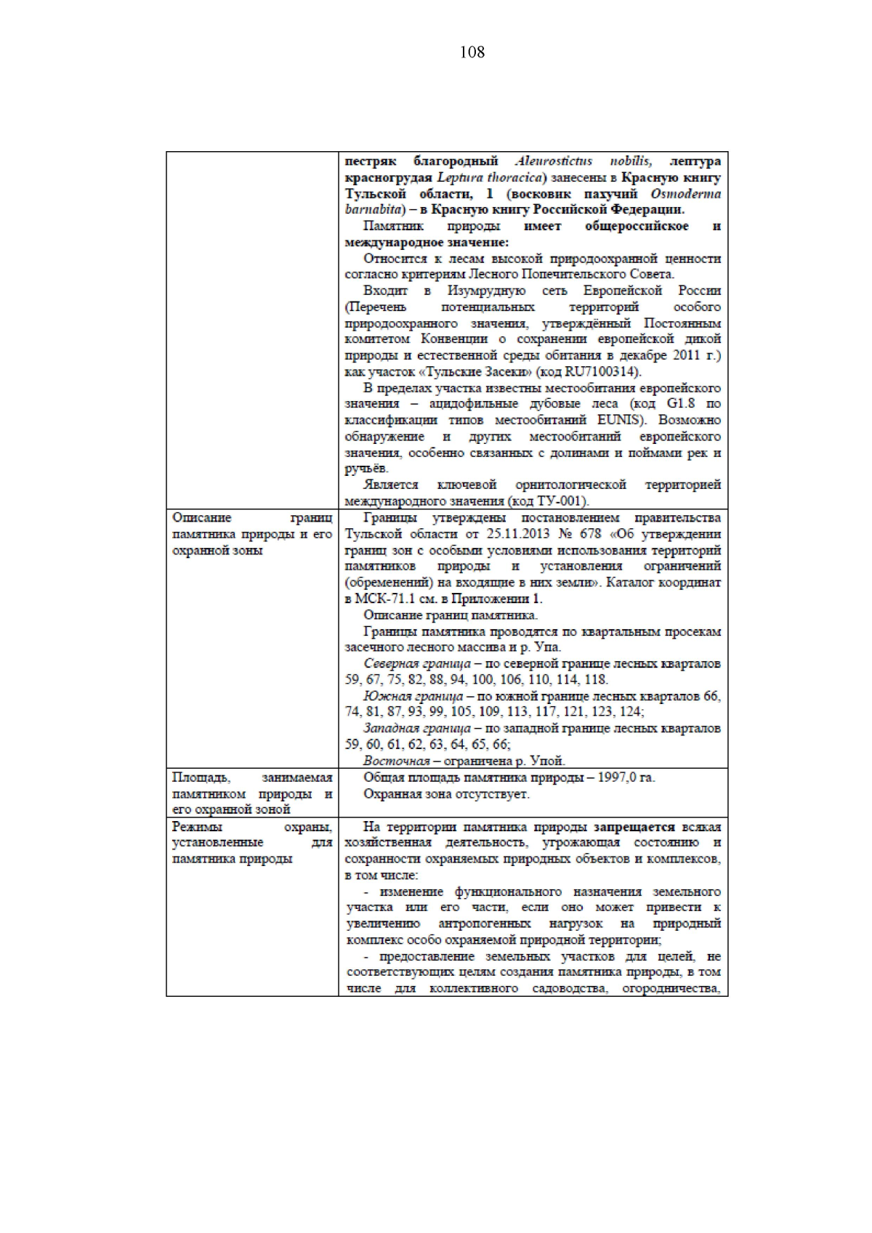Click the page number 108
click(x=472, y=52)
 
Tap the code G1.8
click(x=680, y=404)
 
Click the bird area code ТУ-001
click(x=561, y=501)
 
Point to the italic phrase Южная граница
click(x=413, y=696)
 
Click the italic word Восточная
click(x=397, y=761)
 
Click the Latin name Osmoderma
click(x=685, y=194)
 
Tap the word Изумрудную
click(x=486, y=291)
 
